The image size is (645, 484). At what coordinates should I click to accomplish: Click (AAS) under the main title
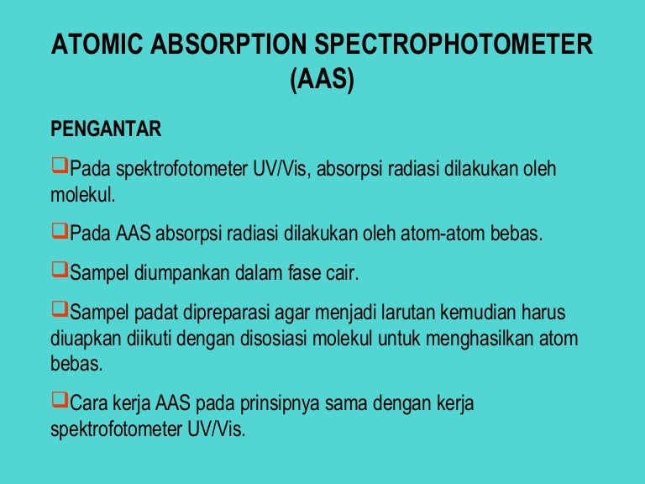[x=322, y=82]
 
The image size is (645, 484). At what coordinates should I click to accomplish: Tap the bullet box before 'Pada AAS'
[x=60, y=230]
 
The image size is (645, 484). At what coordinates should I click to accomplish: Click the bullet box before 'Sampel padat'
[x=60, y=312]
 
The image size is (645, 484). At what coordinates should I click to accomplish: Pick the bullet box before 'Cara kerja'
[x=60, y=402]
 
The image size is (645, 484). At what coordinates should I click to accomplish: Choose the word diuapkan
[x=85, y=341]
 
